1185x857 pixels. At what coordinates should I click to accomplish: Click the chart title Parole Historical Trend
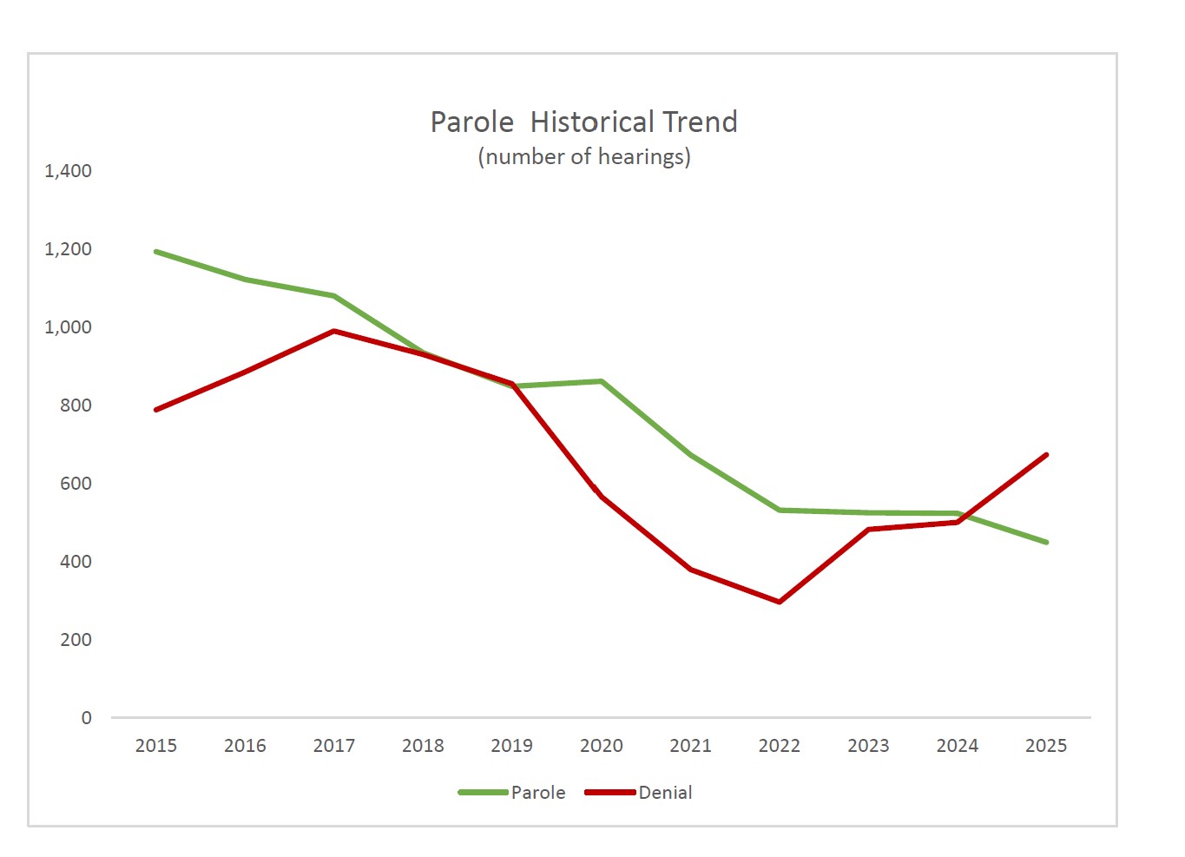(x=583, y=122)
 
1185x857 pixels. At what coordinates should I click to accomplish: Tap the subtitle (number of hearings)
(x=583, y=156)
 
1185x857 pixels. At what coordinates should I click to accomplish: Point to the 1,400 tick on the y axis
(x=68, y=171)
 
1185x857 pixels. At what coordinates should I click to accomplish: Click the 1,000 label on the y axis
(x=68, y=327)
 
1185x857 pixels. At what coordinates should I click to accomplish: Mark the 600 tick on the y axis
(x=76, y=484)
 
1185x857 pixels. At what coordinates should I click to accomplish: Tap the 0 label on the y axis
(x=86, y=718)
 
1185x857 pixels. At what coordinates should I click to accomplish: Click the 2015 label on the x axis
(x=156, y=746)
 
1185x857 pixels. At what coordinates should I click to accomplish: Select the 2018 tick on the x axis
(x=423, y=746)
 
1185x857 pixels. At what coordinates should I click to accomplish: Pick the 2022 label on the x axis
(x=780, y=746)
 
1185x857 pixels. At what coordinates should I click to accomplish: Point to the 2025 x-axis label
(x=1046, y=746)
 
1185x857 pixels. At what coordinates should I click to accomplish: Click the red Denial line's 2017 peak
(x=334, y=331)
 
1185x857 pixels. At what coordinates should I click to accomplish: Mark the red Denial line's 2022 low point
(x=780, y=602)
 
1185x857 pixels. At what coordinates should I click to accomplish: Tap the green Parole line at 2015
(x=156, y=252)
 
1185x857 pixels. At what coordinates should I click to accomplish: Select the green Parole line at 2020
(x=601, y=381)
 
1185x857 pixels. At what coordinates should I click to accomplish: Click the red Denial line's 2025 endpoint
(x=1046, y=455)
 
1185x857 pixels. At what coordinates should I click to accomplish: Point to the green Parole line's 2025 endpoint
(x=1046, y=542)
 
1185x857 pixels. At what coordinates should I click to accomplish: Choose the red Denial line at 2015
(x=156, y=410)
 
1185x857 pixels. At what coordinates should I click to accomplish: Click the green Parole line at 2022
(x=780, y=510)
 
